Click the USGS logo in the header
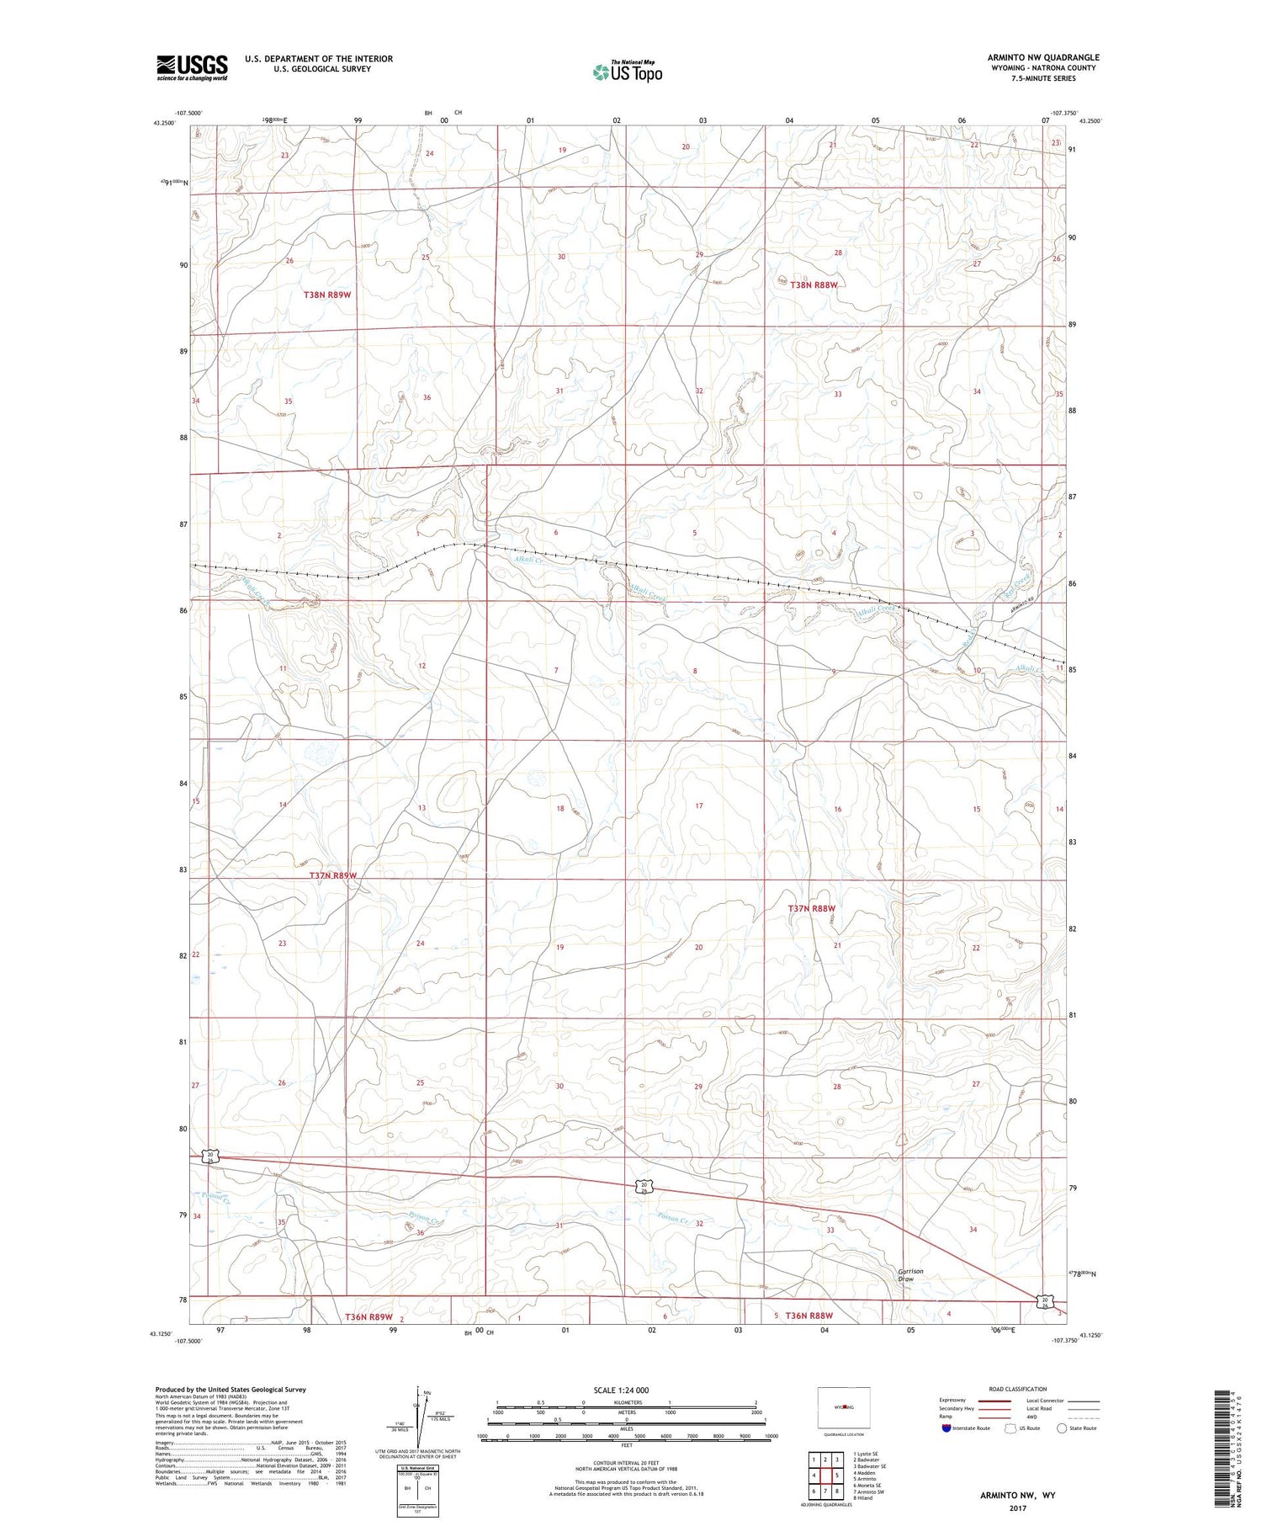click(192, 67)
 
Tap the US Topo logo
click(627, 72)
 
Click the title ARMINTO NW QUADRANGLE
click(1043, 57)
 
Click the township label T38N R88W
click(814, 285)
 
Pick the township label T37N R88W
click(812, 909)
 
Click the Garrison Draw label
click(910, 1275)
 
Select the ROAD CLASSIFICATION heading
click(1017, 1389)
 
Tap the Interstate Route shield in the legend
click(946, 1428)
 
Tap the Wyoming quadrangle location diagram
click(843, 1407)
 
